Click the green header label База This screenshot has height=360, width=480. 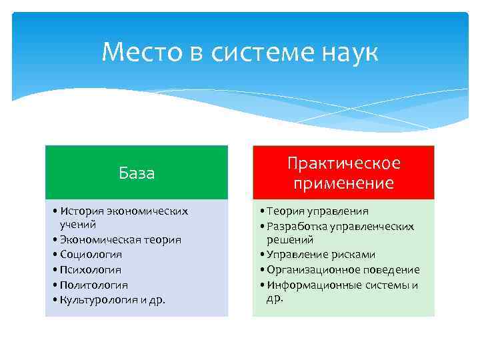click(x=137, y=173)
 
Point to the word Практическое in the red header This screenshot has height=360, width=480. click(x=343, y=163)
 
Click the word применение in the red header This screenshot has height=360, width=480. click(x=343, y=183)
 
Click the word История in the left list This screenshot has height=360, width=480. click(x=81, y=211)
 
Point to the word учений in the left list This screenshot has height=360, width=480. click(x=78, y=225)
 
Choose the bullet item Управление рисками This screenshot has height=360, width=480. click(x=320, y=255)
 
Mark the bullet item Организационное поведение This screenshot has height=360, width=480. click(x=343, y=270)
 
